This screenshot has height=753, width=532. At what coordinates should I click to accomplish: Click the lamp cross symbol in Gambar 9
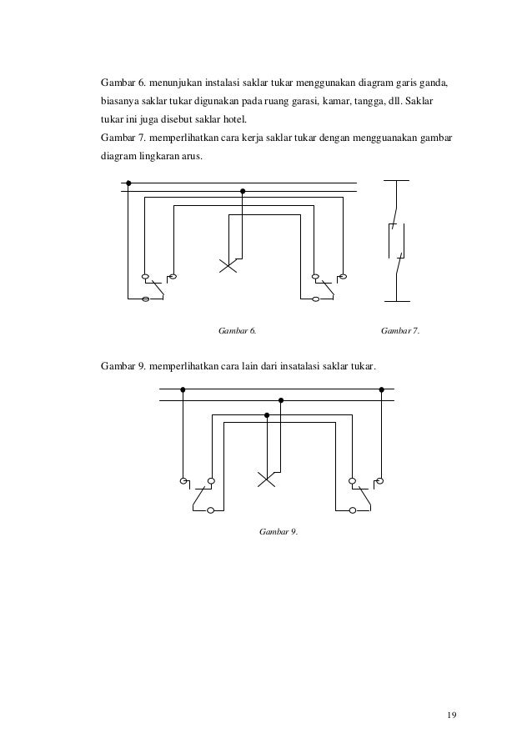point(266,479)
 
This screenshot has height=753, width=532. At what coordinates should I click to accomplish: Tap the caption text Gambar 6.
point(236,332)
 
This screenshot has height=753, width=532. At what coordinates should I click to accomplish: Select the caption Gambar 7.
point(400,332)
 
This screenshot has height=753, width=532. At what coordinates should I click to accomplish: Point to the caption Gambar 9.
point(279,531)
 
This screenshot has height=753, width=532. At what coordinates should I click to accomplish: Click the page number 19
point(451,715)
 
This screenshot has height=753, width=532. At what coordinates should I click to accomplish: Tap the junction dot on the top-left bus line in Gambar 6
point(128,183)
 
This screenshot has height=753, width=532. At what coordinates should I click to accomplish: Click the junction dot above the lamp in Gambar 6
point(242,190)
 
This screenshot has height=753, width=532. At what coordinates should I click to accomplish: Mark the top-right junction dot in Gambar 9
point(381,389)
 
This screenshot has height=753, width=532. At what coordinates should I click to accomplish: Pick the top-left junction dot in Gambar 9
point(182,389)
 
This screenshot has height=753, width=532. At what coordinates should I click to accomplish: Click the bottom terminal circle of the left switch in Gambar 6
point(147,299)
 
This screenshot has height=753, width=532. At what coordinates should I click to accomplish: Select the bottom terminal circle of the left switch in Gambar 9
point(211,509)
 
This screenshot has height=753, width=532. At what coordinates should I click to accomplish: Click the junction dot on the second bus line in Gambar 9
point(281,400)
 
